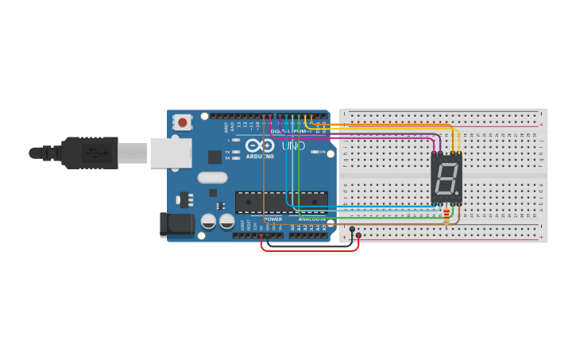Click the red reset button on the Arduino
pos(183,122)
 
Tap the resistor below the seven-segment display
pos(446,213)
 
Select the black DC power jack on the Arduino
pos(176,224)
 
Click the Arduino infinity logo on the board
pos(260,146)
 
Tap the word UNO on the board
pos(293,146)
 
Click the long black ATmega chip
pos(281,203)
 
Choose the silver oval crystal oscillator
pos(212,178)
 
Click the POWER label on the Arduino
pos(273,219)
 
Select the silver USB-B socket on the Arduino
pos(171,153)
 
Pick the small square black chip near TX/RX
pos(215,157)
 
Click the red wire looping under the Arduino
pos(310,250)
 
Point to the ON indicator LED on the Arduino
pos(315,152)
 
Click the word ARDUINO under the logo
pos(260,157)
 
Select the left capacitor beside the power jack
pos(208,221)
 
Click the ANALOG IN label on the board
pos(312,219)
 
